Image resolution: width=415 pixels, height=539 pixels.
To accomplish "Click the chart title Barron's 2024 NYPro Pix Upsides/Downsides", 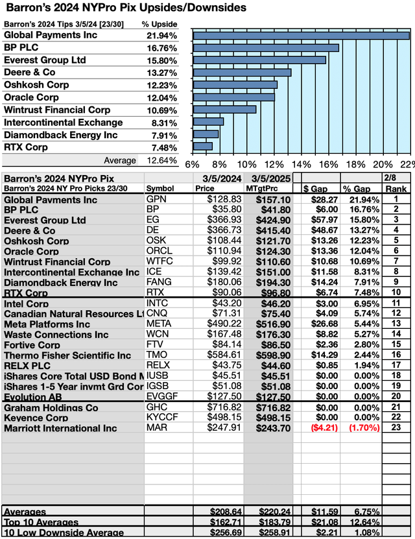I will coord(124,8).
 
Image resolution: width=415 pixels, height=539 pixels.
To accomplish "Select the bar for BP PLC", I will coord(266,47).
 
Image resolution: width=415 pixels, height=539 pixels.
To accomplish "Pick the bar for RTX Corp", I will coord(202,147).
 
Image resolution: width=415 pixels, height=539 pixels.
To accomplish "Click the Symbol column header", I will coord(160,189).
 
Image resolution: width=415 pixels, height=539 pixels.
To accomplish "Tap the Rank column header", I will coord(396,189).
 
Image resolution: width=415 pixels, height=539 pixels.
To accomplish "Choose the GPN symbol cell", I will coord(156,200).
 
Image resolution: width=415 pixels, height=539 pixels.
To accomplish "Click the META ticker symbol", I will coord(160,324).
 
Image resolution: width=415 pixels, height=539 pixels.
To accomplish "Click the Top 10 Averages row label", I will coord(41,522).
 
